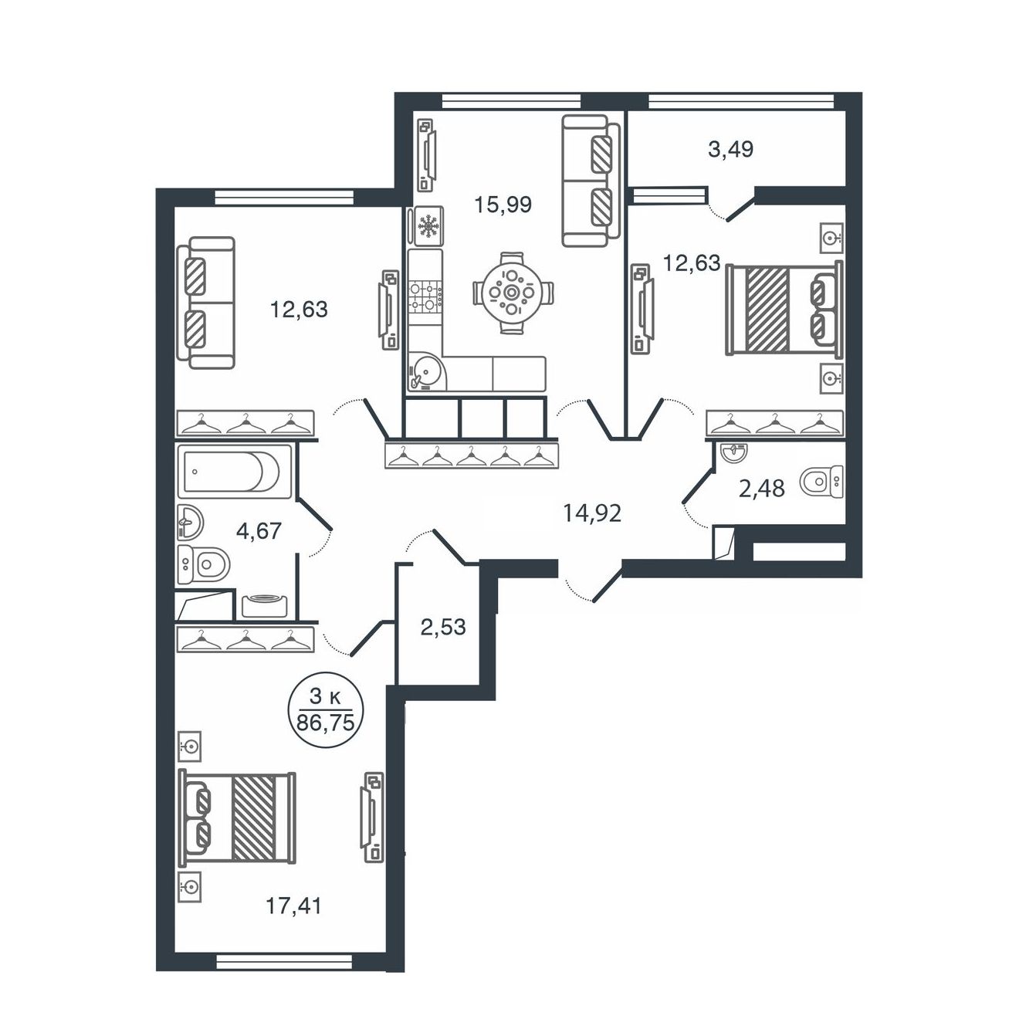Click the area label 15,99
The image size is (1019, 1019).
[503, 205]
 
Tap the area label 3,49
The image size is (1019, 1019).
[730, 150]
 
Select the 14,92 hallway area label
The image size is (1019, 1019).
[592, 513]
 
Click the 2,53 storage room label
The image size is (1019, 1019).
[443, 628]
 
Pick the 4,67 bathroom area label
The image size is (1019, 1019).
[259, 530]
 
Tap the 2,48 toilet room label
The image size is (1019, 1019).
[761, 489]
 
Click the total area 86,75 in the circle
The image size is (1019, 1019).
[325, 722]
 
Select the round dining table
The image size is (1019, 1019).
[511, 293]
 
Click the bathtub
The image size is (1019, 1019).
[235, 472]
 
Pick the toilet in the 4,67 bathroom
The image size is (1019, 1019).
[204, 565]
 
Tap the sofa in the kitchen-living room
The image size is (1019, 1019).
[591, 181]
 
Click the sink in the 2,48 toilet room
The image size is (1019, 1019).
[735, 453]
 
